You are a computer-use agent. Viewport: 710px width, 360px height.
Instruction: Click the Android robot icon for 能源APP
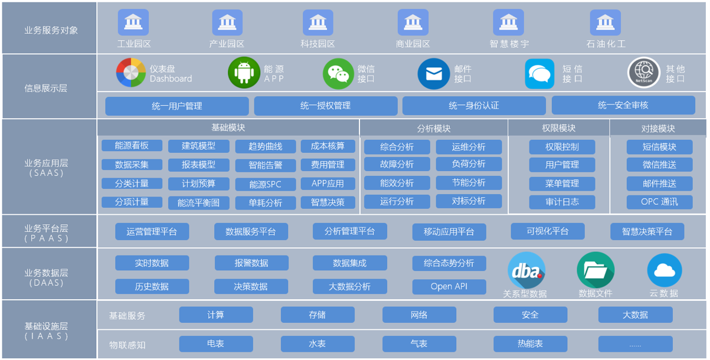point(244,73)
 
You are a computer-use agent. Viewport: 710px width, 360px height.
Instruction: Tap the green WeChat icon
point(338,74)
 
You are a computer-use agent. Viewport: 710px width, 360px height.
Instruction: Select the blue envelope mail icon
point(434,74)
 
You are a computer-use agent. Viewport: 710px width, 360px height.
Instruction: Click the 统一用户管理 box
point(176,106)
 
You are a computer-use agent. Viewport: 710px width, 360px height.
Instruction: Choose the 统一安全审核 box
point(623,106)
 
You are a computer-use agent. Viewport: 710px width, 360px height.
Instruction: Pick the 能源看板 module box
point(132,146)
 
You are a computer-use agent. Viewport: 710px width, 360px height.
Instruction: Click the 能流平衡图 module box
point(198,202)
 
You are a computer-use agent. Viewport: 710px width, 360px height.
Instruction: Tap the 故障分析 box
point(397,164)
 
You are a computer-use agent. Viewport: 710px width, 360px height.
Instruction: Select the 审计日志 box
point(562,202)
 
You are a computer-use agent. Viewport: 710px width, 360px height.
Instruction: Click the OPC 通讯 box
point(659,202)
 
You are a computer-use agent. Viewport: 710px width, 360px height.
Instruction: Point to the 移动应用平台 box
point(449,232)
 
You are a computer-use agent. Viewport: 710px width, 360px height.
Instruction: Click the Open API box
point(449,287)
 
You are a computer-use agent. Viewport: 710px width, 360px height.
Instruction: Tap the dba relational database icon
point(526,271)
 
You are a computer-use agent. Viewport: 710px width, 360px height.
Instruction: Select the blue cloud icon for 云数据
point(664,271)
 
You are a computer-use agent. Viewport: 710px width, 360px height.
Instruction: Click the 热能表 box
point(530,343)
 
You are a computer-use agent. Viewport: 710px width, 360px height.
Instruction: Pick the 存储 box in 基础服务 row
point(317,315)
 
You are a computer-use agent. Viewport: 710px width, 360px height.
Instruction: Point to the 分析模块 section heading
point(433,128)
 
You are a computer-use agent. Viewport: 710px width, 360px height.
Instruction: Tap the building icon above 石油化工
point(605,23)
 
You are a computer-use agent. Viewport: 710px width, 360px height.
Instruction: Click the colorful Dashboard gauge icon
point(130,73)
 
